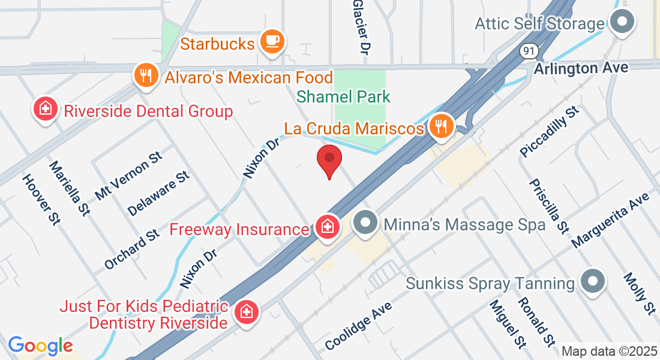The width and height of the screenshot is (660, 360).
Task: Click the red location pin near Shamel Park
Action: pos(329,160)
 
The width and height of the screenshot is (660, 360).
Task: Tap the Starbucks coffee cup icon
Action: pos(272,41)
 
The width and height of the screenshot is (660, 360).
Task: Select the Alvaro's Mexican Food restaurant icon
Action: pos(146,76)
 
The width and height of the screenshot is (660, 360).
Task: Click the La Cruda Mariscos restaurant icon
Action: pos(442,126)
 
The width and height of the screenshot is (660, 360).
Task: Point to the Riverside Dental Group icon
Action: pos(45,109)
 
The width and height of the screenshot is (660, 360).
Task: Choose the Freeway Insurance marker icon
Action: pos(328,227)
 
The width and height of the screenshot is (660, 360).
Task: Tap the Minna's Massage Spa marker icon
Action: pos(365,224)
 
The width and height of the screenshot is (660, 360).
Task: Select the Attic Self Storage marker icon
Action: pos(622,23)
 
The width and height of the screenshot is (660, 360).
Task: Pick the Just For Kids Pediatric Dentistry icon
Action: pos(246,312)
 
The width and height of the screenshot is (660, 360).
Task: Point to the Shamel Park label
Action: pos(344,97)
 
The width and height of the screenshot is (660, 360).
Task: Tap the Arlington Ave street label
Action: pos(581,68)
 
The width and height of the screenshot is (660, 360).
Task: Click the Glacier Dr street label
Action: pos(360,27)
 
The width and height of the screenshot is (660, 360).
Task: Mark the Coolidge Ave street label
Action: pos(358,326)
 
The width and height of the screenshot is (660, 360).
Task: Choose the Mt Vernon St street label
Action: pos(129,176)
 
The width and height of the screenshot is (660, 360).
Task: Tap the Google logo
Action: pos(40,346)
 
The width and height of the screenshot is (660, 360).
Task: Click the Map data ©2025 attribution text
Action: pos(608,351)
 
